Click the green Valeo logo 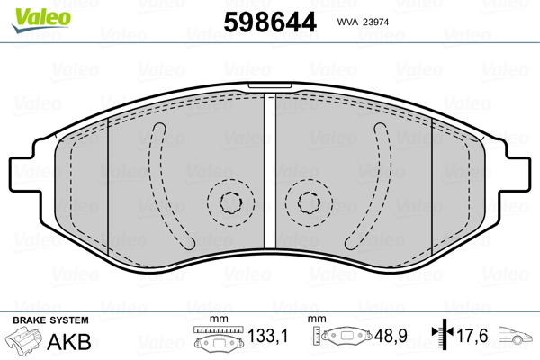click(x=41, y=20)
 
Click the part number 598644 click(x=270, y=22)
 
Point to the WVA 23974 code click(x=363, y=22)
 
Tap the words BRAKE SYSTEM click(x=50, y=320)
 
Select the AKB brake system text click(x=69, y=342)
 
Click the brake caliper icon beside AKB click(x=23, y=339)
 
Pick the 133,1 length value click(x=267, y=336)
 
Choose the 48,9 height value click(x=391, y=336)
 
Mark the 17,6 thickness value click(x=472, y=336)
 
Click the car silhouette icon click(x=516, y=336)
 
